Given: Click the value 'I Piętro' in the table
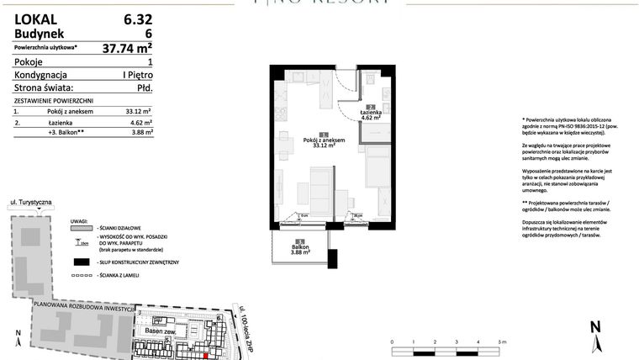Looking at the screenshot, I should point(136,74).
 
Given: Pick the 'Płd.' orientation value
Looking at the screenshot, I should point(142,87).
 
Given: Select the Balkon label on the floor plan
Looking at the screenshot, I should point(301,249).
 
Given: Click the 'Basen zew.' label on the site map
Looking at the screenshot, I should point(160,330).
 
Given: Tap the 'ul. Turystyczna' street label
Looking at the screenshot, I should point(31,204).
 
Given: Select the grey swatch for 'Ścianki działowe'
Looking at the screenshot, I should point(80,227).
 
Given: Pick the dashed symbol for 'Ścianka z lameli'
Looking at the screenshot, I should point(80,276).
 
